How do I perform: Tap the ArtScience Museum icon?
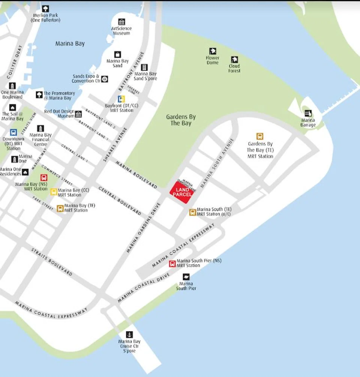click(121, 22)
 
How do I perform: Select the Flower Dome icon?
click(213, 51)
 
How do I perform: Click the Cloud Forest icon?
click(234, 59)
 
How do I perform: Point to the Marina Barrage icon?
click(308, 113)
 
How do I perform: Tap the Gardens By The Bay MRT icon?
click(259, 136)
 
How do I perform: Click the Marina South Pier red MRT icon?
click(172, 263)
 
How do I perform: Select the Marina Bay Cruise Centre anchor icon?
click(129, 334)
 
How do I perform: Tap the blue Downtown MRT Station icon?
click(13, 132)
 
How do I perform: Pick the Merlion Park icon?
click(45, 8)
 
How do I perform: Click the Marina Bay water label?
click(70, 43)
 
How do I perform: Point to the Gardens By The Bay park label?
click(181, 120)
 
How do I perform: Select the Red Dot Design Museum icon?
click(78, 114)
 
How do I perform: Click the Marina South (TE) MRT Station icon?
click(192, 212)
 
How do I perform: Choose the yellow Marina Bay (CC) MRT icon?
click(54, 192)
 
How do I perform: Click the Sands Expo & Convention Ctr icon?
click(105, 79)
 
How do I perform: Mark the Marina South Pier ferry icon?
click(186, 277)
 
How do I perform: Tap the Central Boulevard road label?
click(120, 200)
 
